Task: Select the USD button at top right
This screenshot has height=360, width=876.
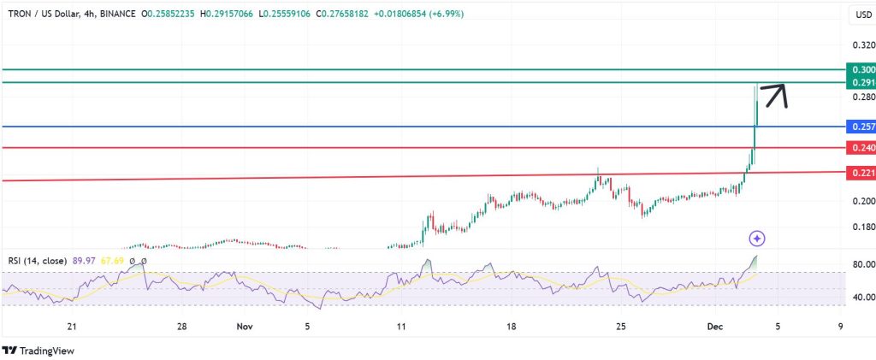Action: [x=861, y=15]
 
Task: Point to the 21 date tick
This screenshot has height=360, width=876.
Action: [x=72, y=326]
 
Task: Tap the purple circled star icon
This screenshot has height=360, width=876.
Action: [x=756, y=238]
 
